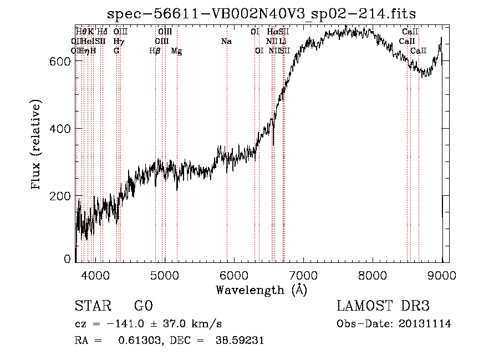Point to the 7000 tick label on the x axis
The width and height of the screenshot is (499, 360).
click(303, 274)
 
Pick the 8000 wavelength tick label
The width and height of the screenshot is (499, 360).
click(373, 274)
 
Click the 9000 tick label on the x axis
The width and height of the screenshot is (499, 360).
click(442, 274)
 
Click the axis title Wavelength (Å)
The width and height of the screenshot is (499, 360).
click(261, 290)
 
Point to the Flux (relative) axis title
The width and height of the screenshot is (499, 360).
click(37, 145)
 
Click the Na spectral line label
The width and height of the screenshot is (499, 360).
click(226, 42)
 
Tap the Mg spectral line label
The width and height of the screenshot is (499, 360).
click(176, 51)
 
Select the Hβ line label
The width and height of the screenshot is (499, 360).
click(155, 51)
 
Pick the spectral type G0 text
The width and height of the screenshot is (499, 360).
click(144, 307)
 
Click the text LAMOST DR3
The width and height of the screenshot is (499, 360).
click(383, 307)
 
